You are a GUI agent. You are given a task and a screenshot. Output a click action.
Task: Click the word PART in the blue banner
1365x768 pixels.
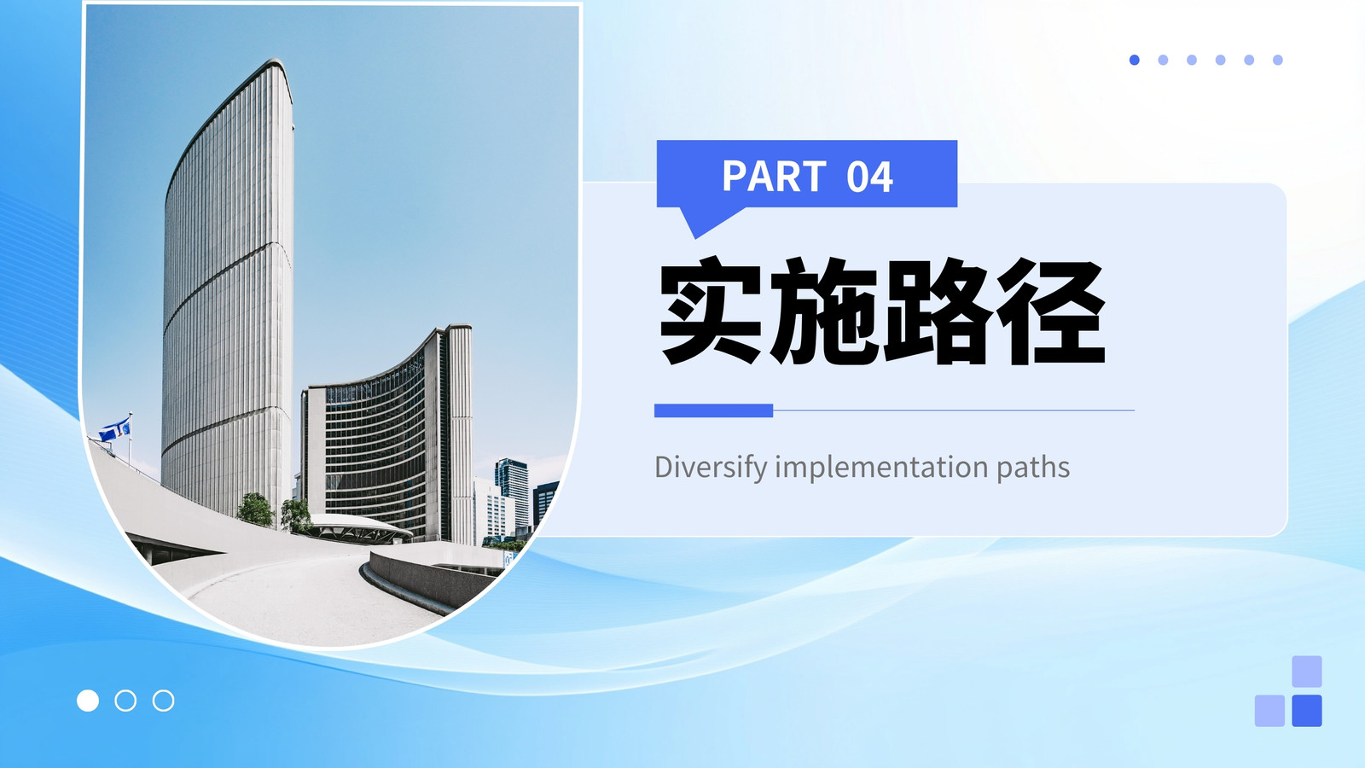coord(774,176)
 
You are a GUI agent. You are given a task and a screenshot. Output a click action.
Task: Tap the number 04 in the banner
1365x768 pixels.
coord(869,177)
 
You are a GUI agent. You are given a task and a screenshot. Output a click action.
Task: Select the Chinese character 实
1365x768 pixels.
coord(711,311)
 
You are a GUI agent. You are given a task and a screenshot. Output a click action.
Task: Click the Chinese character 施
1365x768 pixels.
coord(823,311)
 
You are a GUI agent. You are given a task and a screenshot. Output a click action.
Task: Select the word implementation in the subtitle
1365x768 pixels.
coord(882,468)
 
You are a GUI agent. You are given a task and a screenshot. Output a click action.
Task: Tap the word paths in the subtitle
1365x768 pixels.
coord(1033,468)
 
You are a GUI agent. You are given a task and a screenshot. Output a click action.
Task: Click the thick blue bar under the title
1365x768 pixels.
coord(713,410)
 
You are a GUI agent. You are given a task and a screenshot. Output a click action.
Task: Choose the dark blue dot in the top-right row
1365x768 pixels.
coord(1134,60)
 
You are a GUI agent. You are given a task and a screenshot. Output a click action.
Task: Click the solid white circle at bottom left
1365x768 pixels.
coord(88,701)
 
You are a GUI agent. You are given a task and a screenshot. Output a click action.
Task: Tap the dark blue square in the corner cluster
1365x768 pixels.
coord(1306,711)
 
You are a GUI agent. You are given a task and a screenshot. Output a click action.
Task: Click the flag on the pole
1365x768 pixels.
coord(115,429)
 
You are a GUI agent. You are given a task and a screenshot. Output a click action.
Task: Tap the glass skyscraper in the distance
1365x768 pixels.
coord(512,495)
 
